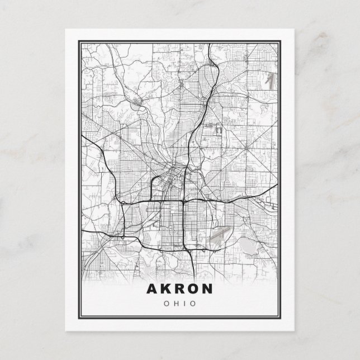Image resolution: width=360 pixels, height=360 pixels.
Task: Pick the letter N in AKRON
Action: (208, 290)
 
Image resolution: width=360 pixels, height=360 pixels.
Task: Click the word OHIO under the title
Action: (180, 304)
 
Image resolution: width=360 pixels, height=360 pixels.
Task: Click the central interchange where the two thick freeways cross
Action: (184, 200)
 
